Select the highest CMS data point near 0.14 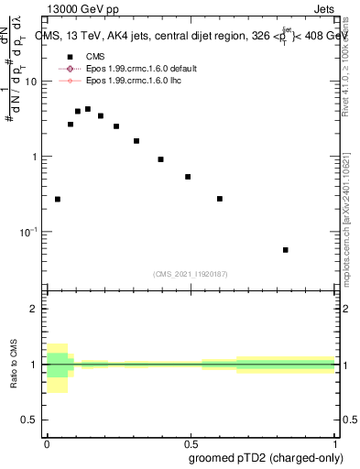[88, 109]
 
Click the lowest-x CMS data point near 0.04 [58, 199]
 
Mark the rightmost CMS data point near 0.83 [286, 250]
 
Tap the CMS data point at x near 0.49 [188, 177]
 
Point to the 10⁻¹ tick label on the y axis [27, 232]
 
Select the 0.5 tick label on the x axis [191, 441]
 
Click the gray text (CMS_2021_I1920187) [191, 274]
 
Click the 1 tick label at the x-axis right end [335, 441]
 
